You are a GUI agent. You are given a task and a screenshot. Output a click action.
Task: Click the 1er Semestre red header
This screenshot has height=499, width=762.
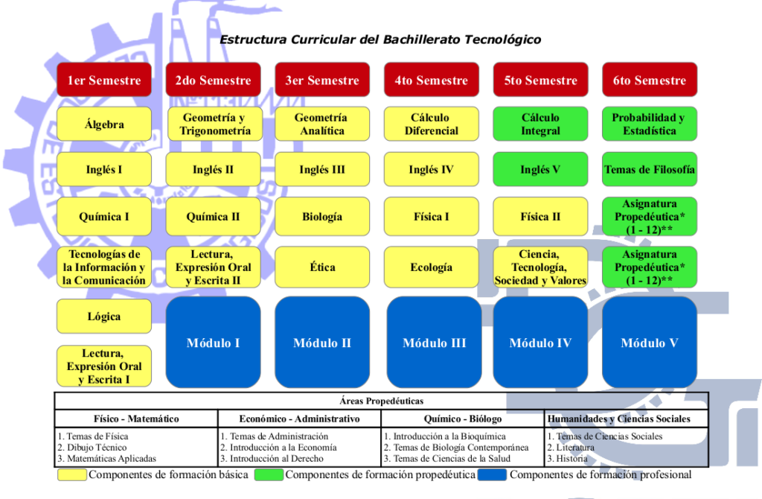point(104,79)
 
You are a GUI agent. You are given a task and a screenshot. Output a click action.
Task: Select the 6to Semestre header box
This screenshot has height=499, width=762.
point(649,79)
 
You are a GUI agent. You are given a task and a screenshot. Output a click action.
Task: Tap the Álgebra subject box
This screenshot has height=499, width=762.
point(104,124)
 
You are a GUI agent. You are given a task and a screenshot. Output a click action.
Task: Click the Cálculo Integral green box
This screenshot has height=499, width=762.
point(540,124)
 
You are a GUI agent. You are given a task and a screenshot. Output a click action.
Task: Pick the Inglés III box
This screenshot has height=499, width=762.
point(322,169)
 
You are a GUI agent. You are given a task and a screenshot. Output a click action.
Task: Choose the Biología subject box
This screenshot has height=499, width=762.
point(322,217)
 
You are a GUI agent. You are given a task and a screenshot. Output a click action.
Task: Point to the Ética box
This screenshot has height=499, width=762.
point(322,267)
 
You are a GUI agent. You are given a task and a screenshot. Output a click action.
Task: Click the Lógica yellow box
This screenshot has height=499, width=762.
point(104,316)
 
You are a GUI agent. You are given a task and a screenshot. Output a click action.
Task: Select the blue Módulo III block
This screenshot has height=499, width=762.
point(434,343)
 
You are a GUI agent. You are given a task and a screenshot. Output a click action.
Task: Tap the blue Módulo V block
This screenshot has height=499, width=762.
point(649,343)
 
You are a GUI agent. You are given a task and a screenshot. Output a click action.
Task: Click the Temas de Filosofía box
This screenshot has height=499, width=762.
point(649,169)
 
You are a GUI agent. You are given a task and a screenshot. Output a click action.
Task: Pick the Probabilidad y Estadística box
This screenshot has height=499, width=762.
point(649,124)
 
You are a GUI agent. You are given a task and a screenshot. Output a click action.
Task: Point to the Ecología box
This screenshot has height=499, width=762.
point(431,267)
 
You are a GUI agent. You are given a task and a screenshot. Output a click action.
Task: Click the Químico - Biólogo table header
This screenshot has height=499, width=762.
point(463,419)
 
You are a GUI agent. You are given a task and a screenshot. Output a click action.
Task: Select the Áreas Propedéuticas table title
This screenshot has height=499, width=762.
point(382,401)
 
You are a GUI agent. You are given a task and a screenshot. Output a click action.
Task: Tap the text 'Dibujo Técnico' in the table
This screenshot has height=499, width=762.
point(97,448)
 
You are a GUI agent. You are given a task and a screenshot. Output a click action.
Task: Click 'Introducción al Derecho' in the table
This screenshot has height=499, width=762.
point(277,459)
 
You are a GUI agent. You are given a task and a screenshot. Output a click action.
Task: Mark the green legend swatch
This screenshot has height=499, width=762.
point(269,474)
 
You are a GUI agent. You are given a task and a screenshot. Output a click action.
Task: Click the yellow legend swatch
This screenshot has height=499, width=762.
point(72,474)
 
